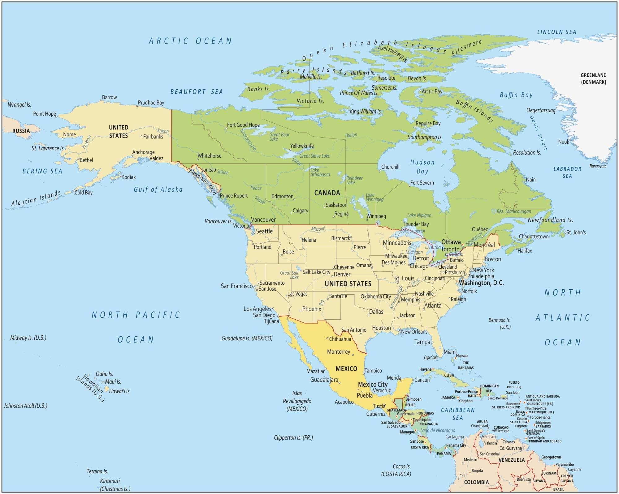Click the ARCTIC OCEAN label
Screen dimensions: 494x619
pyautogui.click(x=190, y=41)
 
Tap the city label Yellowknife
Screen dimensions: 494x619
pyautogui.click(x=302, y=146)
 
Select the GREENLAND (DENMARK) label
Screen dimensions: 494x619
pyautogui.click(x=593, y=79)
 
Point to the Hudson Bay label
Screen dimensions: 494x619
pyautogui.click(x=422, y=167)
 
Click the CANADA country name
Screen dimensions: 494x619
pyautogui.click(x=327, y=193)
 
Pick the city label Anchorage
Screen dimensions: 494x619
pyautogui.click(x=143, y=152)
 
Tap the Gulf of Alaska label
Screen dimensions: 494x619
pyautogui.click(x=158, y=190)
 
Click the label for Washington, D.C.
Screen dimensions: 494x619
pyautogui.click(x=481, y=283)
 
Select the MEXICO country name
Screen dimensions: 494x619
pyautogui.click(x=346, y=368)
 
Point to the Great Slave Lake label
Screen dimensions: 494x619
pyautogui.click(x=314, y=156)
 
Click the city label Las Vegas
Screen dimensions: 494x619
pyautogui.click(x=297, y=294)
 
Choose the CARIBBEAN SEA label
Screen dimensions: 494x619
pyautogui.click(x=458, y=414)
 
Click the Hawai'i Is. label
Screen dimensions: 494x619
pyautogui.click(x=120, y=391)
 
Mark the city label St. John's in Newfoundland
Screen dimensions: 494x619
pyautogui.click(x=576, y=232)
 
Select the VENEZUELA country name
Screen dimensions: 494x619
pyautogui.click(x=512, y=460)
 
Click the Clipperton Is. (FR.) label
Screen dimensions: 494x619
pyautogui.click(x=293, y=437)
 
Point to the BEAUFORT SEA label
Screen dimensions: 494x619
pyautogui.click(x=197, y=92)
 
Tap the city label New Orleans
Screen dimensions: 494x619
pyautogui.click(x=414, y=332)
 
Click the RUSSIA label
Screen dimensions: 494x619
pyautogui.click(x=21, y=131)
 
